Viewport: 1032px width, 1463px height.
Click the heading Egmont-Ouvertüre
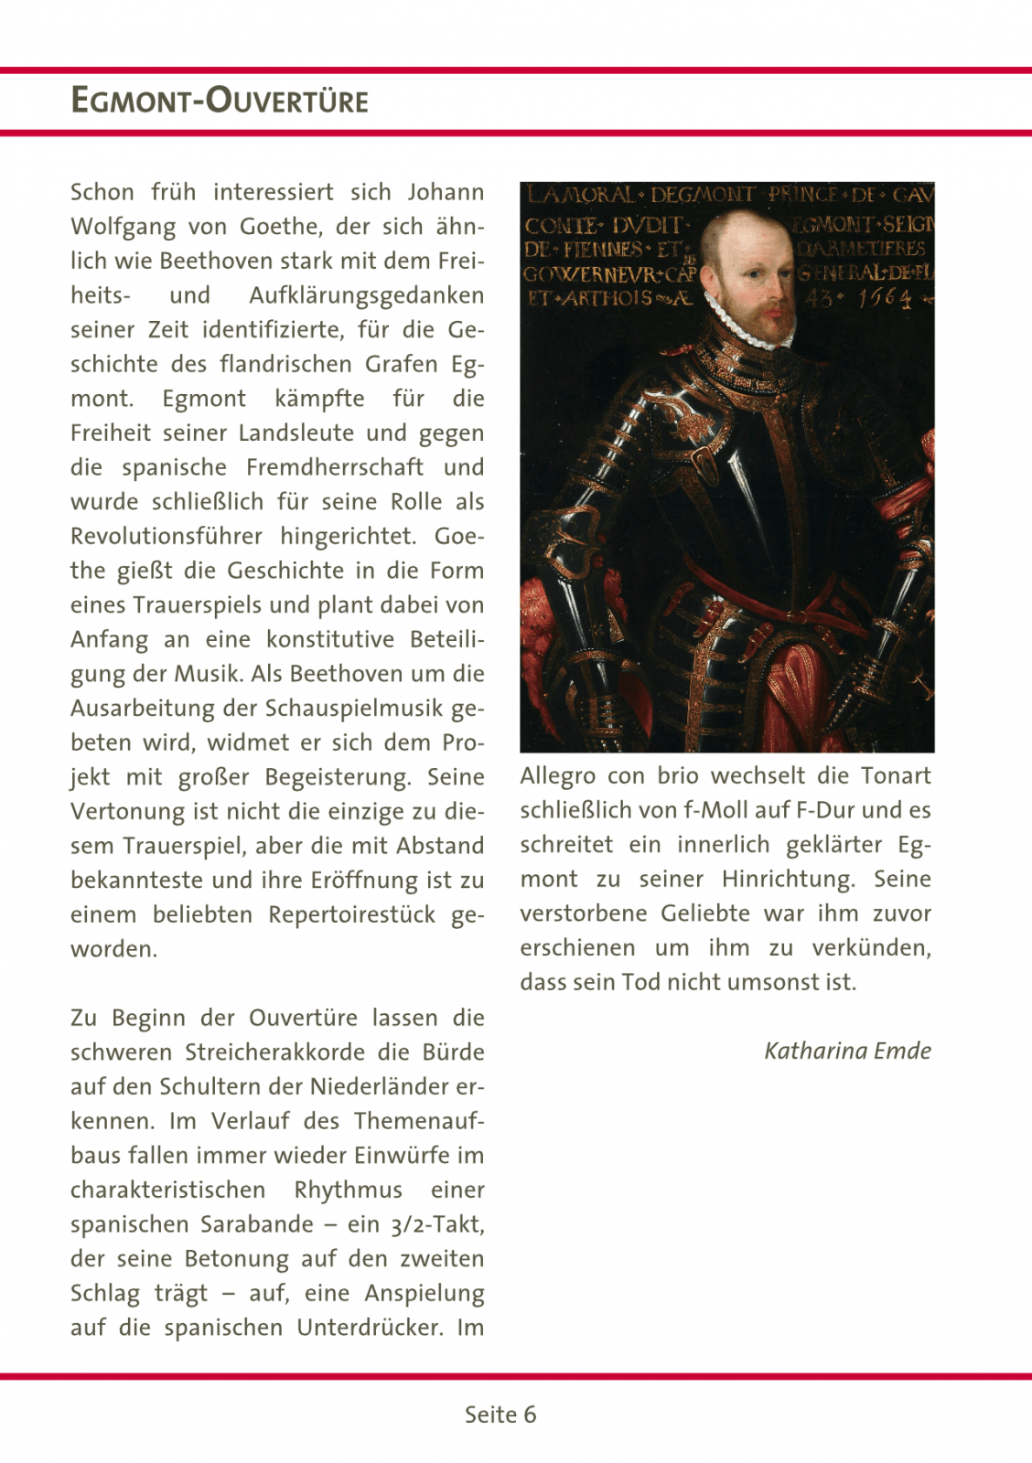tap(220, 100)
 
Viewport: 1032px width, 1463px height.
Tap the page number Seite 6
tap(500, 1415)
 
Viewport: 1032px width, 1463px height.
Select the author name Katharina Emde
tap(847, 1051)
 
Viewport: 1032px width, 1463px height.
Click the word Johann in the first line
tap(446, 192)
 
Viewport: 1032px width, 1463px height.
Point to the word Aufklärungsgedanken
tap(366, 295)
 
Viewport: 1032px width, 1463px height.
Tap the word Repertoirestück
tap(351, 914)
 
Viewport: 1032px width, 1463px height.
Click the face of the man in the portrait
tap(756, 279)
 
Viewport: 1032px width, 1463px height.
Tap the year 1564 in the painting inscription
tap(884, 298)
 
